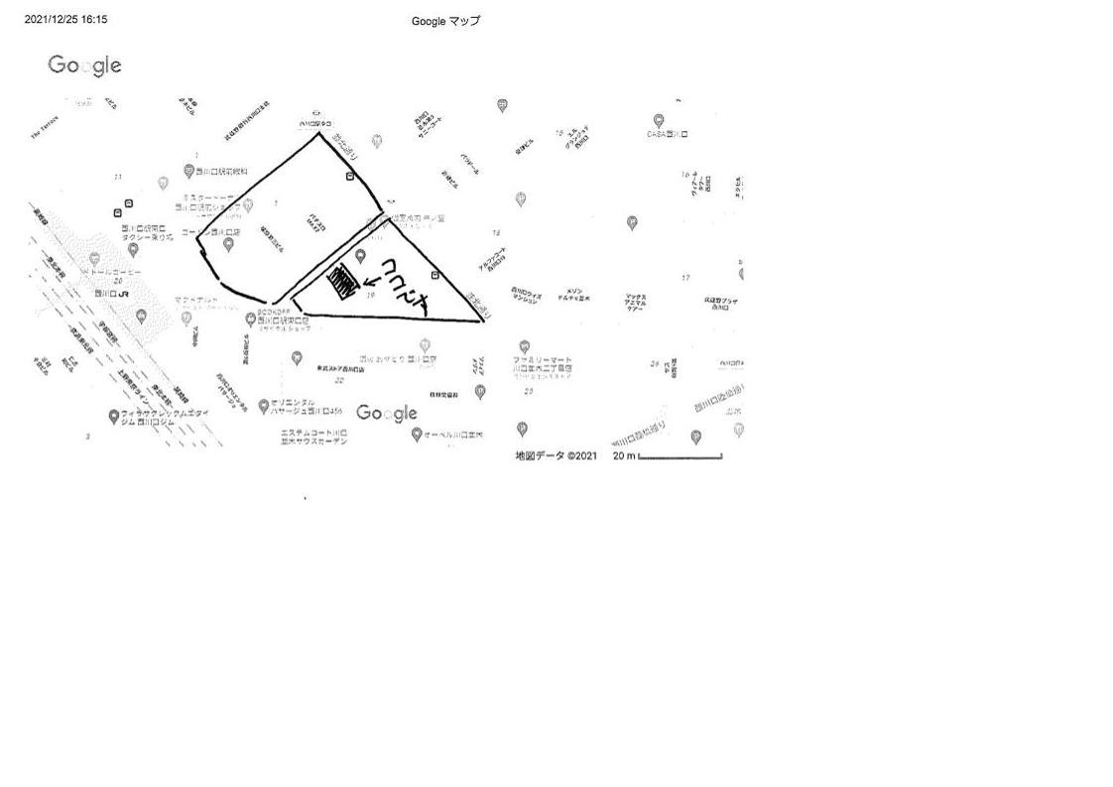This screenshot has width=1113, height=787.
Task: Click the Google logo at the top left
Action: (x=84, y=66)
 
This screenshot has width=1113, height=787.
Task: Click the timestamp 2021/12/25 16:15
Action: (x=65, y=19)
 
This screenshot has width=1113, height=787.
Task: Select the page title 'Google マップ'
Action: (x=445, y=21)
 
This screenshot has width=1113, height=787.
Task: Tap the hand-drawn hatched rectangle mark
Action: (x=342, y=282)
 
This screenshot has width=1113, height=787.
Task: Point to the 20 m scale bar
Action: (x=680, y=458)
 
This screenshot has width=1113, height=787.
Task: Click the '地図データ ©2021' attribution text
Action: (x=556, y=456)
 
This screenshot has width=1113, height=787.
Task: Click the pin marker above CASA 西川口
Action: (x=658, y=120)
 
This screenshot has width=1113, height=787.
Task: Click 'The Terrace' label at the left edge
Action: (x=45, y=128)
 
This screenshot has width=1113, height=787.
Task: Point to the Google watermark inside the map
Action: (x=387, y=413)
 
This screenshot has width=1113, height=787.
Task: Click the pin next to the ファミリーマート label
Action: (x=524, y=346)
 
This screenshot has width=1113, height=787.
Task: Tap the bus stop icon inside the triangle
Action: (x=434, y=274)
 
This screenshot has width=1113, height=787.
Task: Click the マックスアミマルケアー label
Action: (x=636, y=302)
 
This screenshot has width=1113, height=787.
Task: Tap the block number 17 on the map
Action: (x=685, y=278)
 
